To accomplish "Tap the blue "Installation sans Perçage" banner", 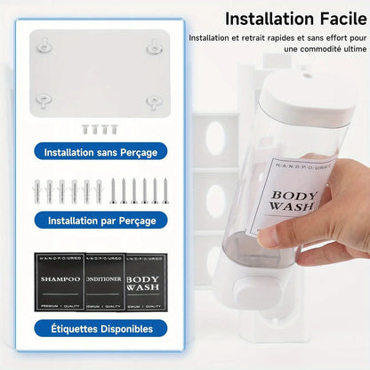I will [101, 152].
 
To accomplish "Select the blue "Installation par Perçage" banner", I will [101, 220].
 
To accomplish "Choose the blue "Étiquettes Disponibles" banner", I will [101, 328].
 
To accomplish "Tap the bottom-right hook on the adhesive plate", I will [155, 101].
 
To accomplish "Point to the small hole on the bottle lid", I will [308, 75].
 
